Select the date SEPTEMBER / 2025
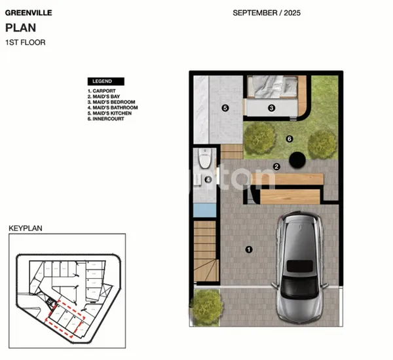[267, 12]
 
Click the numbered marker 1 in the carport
[248, 249]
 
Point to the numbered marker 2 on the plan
[276, 166]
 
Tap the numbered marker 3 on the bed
[271, 108]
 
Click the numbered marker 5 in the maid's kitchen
[225, 108]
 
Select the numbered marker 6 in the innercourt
[289, 138]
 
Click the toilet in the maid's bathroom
[205, 158]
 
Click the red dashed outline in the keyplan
[67, 314]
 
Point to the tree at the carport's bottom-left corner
[206, 306]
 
